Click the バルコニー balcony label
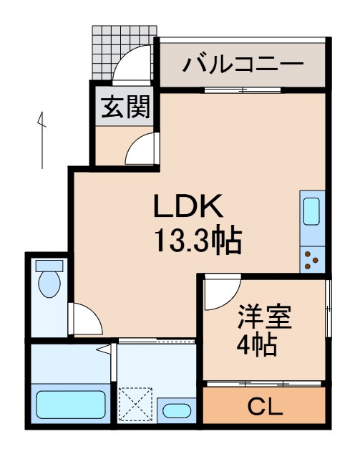(x=242, y=64)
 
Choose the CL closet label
(x=266, y=408)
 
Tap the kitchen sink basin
(x=313, y=213)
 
